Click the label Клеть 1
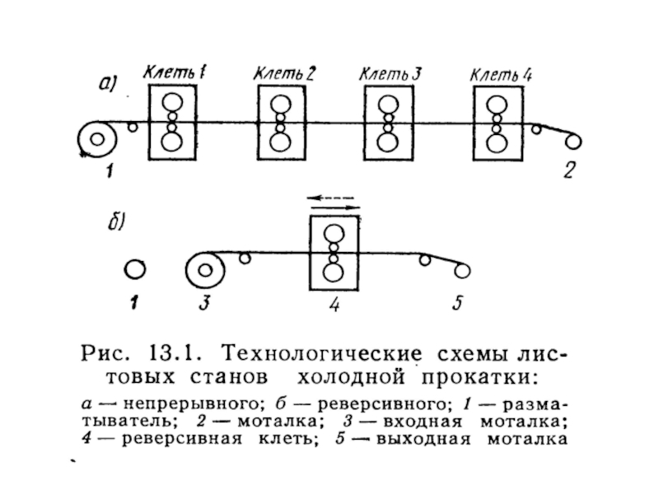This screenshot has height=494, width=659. (x=174, y=72)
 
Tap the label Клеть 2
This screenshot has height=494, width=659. (x=284, y=74)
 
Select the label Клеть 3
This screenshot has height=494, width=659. (x=390, y=74)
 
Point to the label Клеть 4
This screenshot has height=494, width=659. (x=501, y=75)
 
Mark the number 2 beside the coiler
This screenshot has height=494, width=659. (x=568, y=170)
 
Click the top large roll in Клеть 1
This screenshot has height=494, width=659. (x=172, y=102)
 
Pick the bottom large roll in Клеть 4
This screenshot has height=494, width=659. (x=497, y=142)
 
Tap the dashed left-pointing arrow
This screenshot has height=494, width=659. (x=331, y=197)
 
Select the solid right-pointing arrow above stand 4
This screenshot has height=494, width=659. (x=335, y=207)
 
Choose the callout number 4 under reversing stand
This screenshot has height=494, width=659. (x=334, y=304)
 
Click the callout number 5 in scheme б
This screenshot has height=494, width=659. (x=458, y=302)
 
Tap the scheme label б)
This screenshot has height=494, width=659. (x=116, y=221)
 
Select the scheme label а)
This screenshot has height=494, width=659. (x=108, y=84)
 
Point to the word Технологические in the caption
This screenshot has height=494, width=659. (x=321, y=353)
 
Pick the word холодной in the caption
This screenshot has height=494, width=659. (x=351, y=377)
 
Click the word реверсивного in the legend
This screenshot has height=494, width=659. (x=381, y=404)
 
